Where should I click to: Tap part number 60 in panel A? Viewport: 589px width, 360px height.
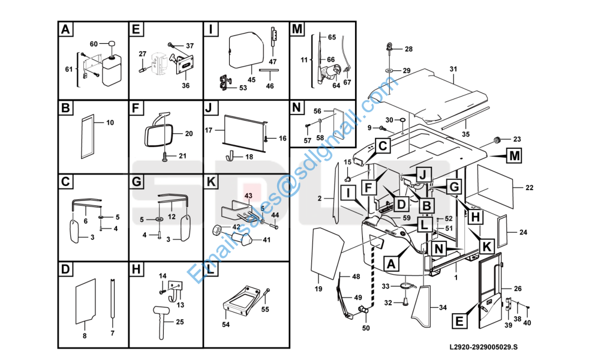(x=94, y=44)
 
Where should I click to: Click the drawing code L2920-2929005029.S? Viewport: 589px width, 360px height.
(x=483, y=347)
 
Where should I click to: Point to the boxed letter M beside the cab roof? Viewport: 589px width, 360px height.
(x=514, y=155)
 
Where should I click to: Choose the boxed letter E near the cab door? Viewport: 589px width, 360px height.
(x=459, y=321)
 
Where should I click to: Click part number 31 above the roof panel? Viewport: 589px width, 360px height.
(x=453, y=69)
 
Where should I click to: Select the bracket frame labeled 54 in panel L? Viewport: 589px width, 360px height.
(x=241, y=302)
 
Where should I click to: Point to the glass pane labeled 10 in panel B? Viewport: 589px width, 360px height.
(x=88, y=137)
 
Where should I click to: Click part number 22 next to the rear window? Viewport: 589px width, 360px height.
(x=529, y=188)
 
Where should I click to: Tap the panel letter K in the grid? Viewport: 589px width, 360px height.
(x=211, y=182)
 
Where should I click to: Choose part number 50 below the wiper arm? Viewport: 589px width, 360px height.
(x=366, y=328)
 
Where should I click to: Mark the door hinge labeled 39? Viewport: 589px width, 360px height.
(x=508, y=304)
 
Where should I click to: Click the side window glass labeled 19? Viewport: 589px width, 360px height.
(x=327, y=254)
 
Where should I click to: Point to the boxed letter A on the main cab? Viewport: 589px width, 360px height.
(x=392, y=264)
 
